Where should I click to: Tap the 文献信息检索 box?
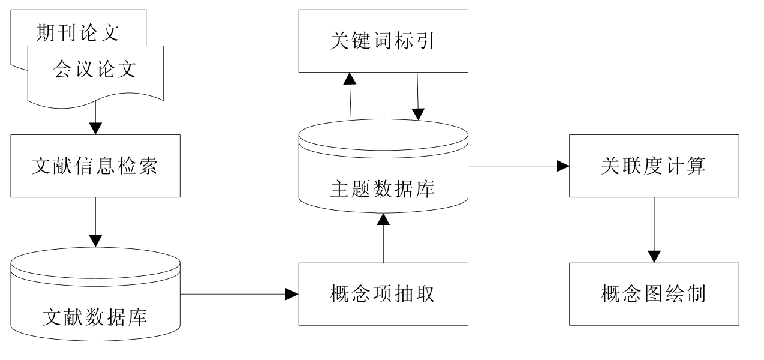coord(95,166)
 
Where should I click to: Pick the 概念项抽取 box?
coord(383,294)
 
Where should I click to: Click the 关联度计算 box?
coord(654,166)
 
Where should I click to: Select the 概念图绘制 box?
coord(654,294)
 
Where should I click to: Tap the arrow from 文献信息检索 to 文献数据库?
coord(95,222)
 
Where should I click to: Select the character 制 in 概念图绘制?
coord(697,295)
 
